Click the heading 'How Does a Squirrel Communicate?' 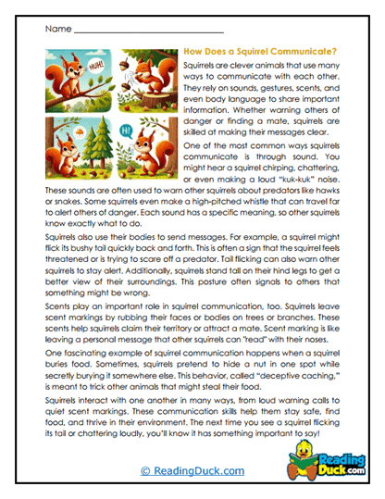click(x=261, y=53)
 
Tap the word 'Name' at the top click(x=54, y=30)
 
